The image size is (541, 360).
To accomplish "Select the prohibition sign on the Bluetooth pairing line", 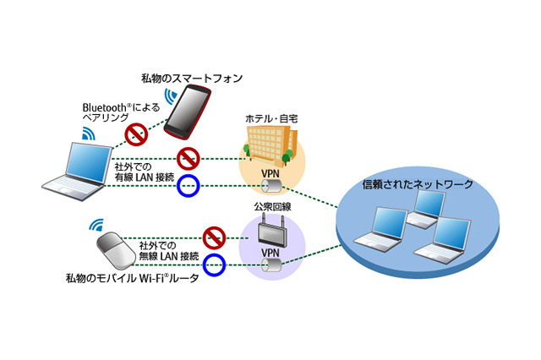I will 136,133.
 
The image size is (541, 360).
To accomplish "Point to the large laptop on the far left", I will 80,168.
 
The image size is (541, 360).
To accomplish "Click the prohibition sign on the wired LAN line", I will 189,158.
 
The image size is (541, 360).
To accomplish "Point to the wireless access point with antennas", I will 270,230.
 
